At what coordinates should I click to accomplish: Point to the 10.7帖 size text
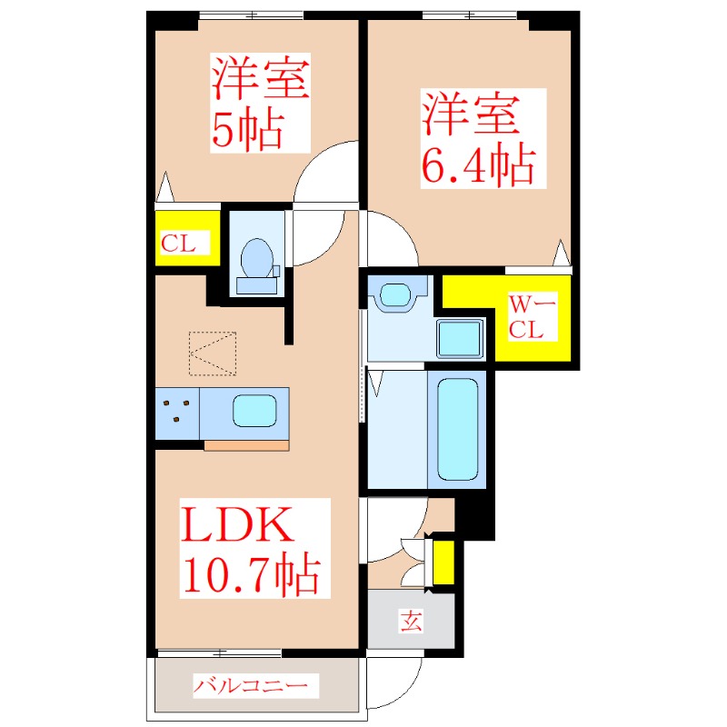(x=251, y=576)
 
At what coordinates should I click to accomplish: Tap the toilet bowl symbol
(x=255, y=258)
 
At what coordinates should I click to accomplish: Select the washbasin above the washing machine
(x=396, y=294)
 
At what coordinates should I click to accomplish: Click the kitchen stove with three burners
(x=176, y=413)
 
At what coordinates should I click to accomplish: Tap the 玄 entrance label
(x=412, y=622)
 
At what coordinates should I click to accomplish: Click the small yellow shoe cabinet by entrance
(x=443, y=563)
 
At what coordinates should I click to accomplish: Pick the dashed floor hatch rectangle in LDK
(x=213, y=353)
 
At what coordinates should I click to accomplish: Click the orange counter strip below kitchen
(x=246, y=444)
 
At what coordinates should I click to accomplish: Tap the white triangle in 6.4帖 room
(x=563, y=251)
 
